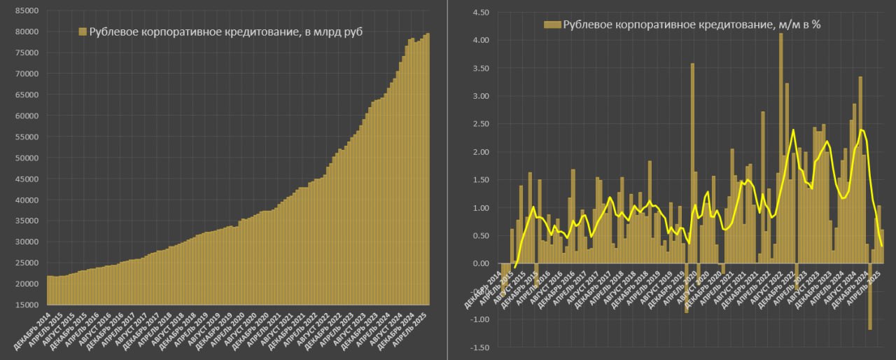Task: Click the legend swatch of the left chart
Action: point(82,32)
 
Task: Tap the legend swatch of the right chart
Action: point(551,25)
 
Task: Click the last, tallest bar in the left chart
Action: point(428,168)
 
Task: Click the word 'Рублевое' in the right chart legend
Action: point(585,25)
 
